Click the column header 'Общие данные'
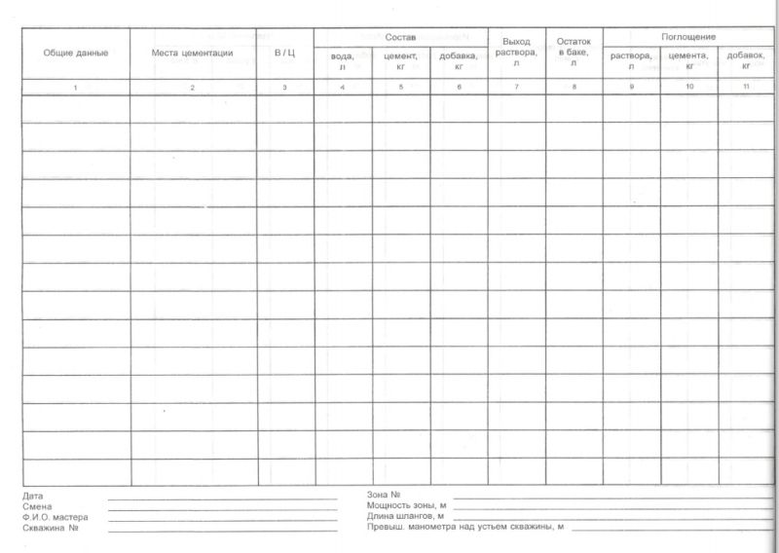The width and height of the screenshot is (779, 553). click(75, 53)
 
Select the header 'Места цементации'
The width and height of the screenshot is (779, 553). click(192, 53)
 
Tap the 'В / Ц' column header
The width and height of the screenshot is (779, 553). click(284, 53)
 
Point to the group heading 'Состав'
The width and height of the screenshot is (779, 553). click(400, 36)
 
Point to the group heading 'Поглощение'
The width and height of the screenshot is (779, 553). click(688, 36)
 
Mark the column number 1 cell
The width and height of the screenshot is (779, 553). click(75, 89)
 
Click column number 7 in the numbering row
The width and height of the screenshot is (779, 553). click(516, 89)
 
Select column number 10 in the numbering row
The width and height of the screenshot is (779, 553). click(689, 89)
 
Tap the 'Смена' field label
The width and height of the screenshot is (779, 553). click(36, 507)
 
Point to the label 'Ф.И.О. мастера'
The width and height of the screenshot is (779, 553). click(55, 518)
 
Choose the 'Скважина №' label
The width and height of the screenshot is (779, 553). click(50, 529)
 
